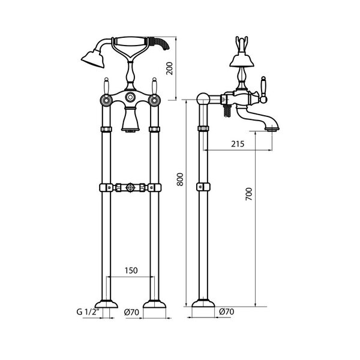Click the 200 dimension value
(x=169, y=68)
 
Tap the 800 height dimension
(x=180, y=179)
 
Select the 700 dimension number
(x=248, y=194)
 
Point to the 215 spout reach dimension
(x=238, y=144)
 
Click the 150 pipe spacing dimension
(x=131, y=271)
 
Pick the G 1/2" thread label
(x=88, y=312)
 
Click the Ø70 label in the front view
(x=131, y=312)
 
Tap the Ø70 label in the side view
(x=227, y=311)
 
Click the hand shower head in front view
(x=92, y=59)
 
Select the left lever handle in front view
(x=106, y=86)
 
